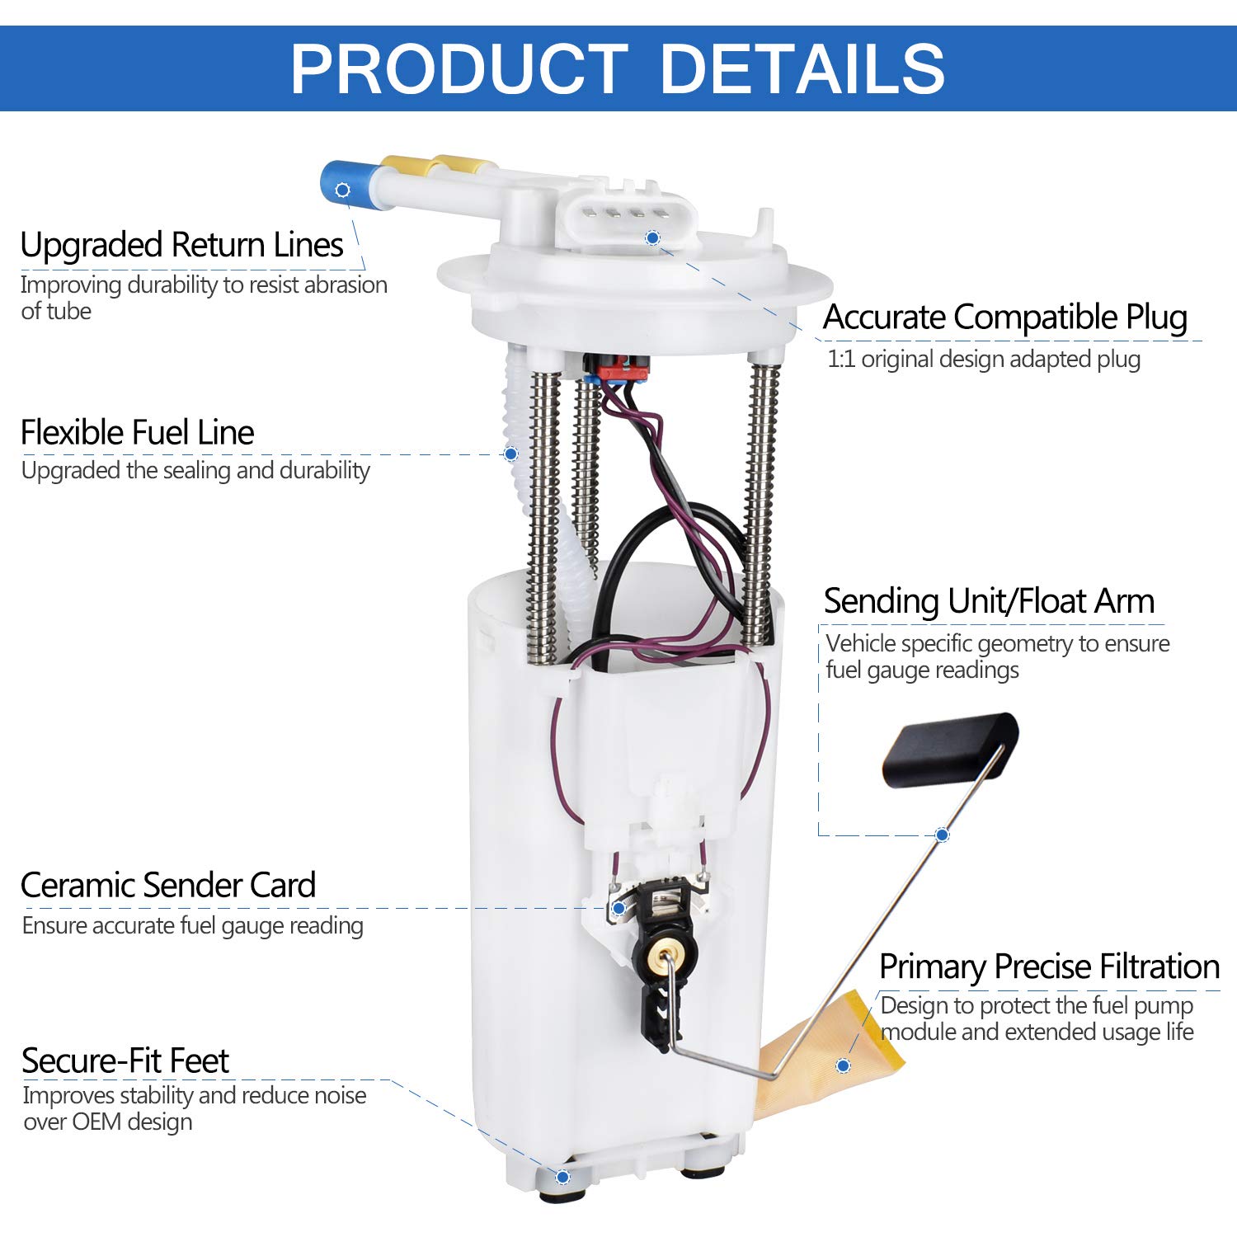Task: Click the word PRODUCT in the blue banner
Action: tap(459, 68)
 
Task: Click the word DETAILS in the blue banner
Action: tap(802, 68)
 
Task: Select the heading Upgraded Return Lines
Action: tap(181, 245)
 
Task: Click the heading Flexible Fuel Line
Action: tap(137, 432)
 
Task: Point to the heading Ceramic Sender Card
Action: tap(168, 885)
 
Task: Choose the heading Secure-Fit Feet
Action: tap(125, 1061)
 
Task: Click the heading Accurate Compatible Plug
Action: tap(1004, 317)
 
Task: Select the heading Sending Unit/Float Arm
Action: tap(989, 601)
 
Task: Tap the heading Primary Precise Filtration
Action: tap(1049, 967)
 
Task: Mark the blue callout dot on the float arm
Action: tap(943, 835)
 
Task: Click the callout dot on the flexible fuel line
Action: tap(510, 454)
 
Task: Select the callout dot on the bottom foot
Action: tap(562, 1177)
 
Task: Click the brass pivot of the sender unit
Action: tap(666, 958)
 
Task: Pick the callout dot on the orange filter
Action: tap(843, 1065)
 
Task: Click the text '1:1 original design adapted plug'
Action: tap(984, 360)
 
